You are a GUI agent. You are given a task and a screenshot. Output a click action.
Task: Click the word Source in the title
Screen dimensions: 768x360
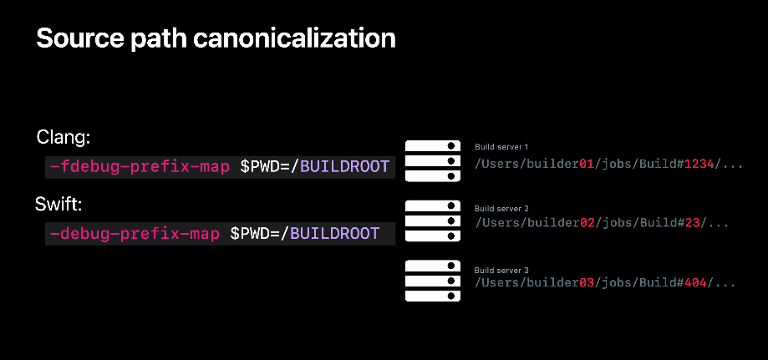coord(80,38)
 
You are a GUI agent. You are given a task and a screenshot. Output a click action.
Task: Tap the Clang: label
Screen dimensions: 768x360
coord(64,138)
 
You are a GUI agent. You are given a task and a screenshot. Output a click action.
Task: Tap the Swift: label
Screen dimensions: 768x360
coord(58,205)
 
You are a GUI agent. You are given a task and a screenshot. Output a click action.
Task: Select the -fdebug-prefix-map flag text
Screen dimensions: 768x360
coord(140,166)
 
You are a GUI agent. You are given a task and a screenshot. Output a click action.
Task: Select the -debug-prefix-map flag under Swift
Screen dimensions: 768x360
coord(135,233)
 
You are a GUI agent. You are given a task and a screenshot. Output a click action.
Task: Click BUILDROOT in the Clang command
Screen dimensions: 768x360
coord(344,166)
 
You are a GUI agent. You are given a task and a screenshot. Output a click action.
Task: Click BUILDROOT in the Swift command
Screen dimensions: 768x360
coord(335,233)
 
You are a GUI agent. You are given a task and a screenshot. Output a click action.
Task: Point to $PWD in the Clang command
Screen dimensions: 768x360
coord(260,166)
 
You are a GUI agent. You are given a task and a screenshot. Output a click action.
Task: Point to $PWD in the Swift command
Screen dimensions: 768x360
coord(250,233)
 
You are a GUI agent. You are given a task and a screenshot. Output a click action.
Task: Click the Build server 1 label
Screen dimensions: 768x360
coord(501,147)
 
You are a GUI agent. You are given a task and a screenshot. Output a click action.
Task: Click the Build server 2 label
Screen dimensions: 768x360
coord(501,209)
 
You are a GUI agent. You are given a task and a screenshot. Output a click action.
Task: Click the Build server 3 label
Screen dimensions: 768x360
coord(501,271)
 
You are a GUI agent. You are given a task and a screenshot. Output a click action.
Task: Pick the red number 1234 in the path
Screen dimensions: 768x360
coord(699,164)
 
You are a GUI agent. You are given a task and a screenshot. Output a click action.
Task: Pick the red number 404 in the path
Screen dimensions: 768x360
coord(695,282)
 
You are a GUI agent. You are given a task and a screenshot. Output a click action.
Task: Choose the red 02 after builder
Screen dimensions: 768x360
coord(587,223)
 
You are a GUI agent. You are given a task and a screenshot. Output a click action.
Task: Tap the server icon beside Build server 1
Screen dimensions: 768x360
coord(433,160)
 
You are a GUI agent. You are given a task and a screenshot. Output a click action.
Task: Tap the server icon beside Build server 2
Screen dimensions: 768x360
coord(433,221)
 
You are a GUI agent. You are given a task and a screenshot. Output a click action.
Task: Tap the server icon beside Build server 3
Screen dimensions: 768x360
coord(433,281)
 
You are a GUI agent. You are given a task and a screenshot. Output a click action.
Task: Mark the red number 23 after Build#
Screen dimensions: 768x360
coord(692,223)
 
